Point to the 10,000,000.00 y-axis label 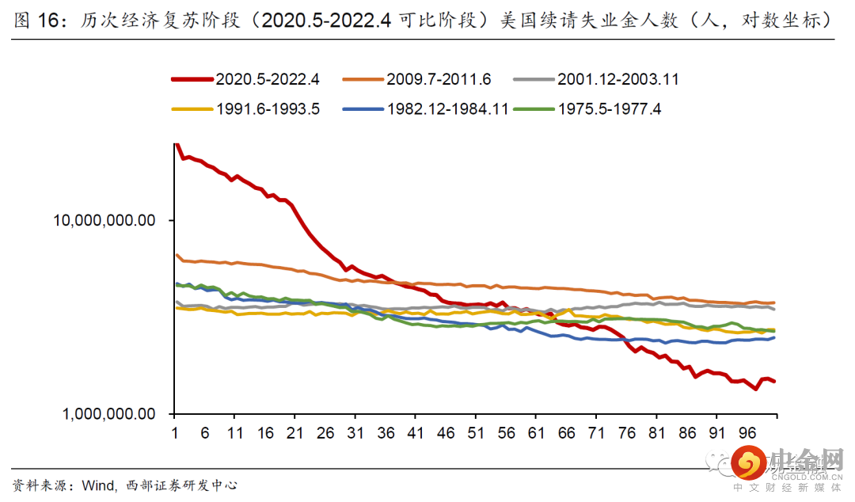pyautogui.click(x=104, y=220)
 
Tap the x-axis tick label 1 pyautogui.click(x=174, y=433)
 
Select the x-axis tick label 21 pyautogui.click(x=294, y=433)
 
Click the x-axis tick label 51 pyautogui.click(x=476, y=433)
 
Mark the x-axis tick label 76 pyautogui.click(x=626, y=433)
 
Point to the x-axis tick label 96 pyautogui.click(x=747, y=433)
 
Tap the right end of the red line pyautogui.click(x=775, y=382)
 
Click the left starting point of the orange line pyautogui.click(x=176, y=255)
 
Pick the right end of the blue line pyautogui.click(x=775, y=337)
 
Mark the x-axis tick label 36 pyautogui.click(x=386, y=433)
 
